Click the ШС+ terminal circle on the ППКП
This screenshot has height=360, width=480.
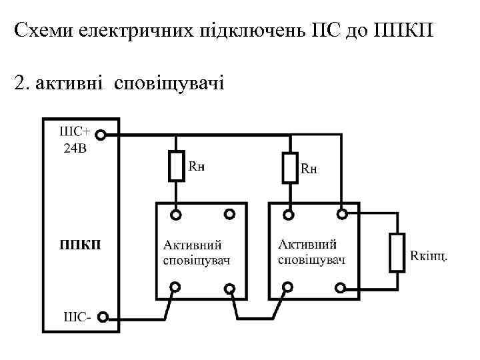click(100, 135)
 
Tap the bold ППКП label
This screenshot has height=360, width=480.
click(81, 245)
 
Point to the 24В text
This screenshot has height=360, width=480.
click(75, 148)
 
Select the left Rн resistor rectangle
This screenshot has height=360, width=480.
click(176, 166)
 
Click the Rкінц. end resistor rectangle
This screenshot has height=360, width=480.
click(397, 252)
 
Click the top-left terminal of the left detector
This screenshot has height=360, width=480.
click(176, 215)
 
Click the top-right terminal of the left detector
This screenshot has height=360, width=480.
click(229, 215)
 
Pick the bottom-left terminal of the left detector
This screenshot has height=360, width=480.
click(176, 288)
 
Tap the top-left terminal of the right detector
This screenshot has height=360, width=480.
click(289, 215)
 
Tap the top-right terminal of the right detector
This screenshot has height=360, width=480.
click(341, 215)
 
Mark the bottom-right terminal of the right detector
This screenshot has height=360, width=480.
click(341, 288)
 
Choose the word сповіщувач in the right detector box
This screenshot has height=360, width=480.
click(311, 259)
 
